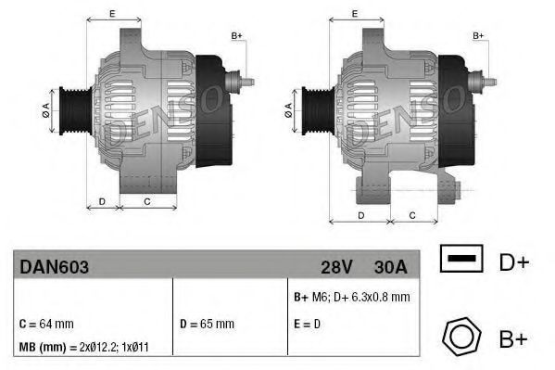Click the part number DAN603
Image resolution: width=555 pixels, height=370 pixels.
[54, 267]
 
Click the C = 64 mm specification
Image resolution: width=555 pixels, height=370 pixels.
[46, 324]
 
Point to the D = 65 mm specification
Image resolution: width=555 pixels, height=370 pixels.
[207, 324]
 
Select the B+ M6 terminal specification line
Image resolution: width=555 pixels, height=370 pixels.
[350, 297]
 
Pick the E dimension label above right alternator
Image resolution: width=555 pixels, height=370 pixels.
[357, 13]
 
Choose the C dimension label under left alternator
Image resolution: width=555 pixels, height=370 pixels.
[147, 199]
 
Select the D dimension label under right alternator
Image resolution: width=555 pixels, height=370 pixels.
[360, 214]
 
